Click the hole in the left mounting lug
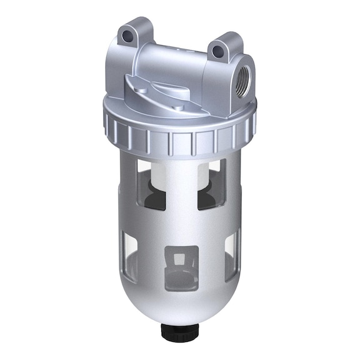(129, 36)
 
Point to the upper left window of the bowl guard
(151, 184)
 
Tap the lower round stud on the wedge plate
(179, 107)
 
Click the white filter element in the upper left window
(150, 172)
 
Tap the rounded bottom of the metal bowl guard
(181, 306)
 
